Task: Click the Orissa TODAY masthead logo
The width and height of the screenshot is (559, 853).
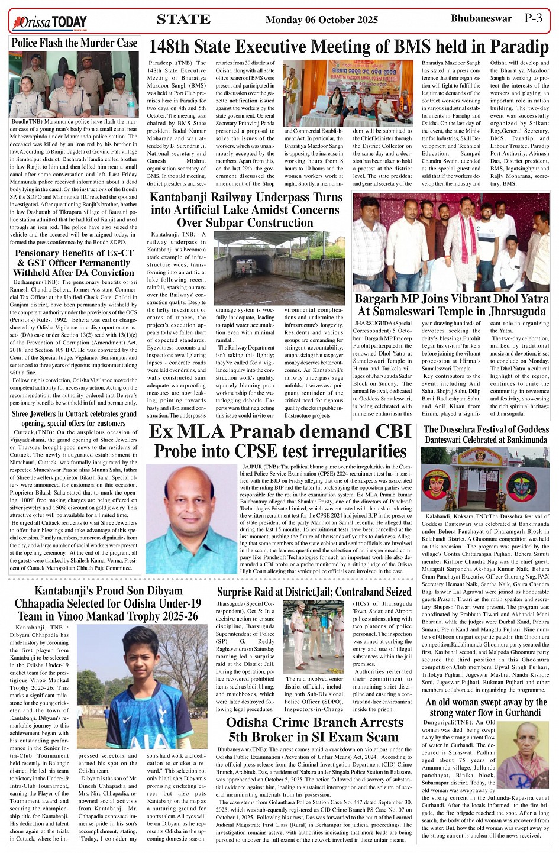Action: pyautogui.click(x=50, y=22)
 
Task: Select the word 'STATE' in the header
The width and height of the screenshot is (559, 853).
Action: pyautogui.click(x=183, y=20)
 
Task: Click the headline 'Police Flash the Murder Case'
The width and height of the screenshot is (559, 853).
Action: pyautogui.click(x=74, y=43)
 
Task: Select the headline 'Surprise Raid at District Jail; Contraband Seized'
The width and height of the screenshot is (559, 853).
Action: pyautogui.click(x=314, y=592)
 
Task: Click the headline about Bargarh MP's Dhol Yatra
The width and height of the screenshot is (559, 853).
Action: pyautogui.click(x=451, y=305)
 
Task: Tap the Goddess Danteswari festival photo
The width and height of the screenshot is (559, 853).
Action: pyautogui.click(x=486, y=479)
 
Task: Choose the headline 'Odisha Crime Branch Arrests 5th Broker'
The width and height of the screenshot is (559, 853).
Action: pyautogui.click(x=314, y=730)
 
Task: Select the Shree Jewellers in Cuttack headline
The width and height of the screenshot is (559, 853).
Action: pyautogui.click(x=74, y=418)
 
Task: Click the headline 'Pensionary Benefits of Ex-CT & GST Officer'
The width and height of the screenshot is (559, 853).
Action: pyautogui.click(x=74, y=263)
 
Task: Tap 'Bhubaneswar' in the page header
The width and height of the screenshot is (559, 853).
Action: pyautogui.click(x=481, y=18)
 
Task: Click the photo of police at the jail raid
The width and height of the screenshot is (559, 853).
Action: pyautogui.click(x=313, y=636)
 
